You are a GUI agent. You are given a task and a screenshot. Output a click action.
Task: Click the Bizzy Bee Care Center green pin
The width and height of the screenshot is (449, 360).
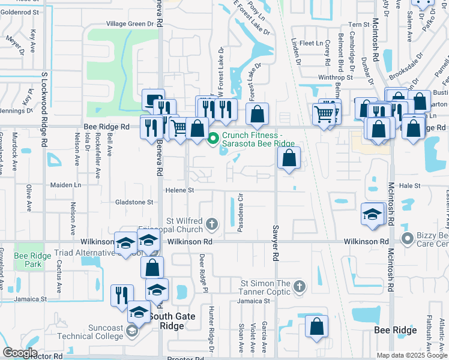coord(408,239)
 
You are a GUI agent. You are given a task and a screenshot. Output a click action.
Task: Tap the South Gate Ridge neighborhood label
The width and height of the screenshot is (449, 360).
coord(166,321)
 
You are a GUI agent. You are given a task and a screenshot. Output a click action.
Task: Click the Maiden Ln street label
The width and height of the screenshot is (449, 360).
coord(65,185)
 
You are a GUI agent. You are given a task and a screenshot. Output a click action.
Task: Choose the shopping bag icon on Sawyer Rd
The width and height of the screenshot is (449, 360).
coord(289,158)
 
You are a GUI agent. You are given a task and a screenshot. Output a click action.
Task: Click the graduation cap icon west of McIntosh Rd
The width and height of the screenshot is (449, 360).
coord(372,214)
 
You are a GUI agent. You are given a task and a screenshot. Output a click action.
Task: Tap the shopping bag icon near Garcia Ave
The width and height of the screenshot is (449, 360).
coord(316,326)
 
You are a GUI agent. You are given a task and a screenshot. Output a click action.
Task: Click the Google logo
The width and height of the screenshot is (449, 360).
coord(20,353)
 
